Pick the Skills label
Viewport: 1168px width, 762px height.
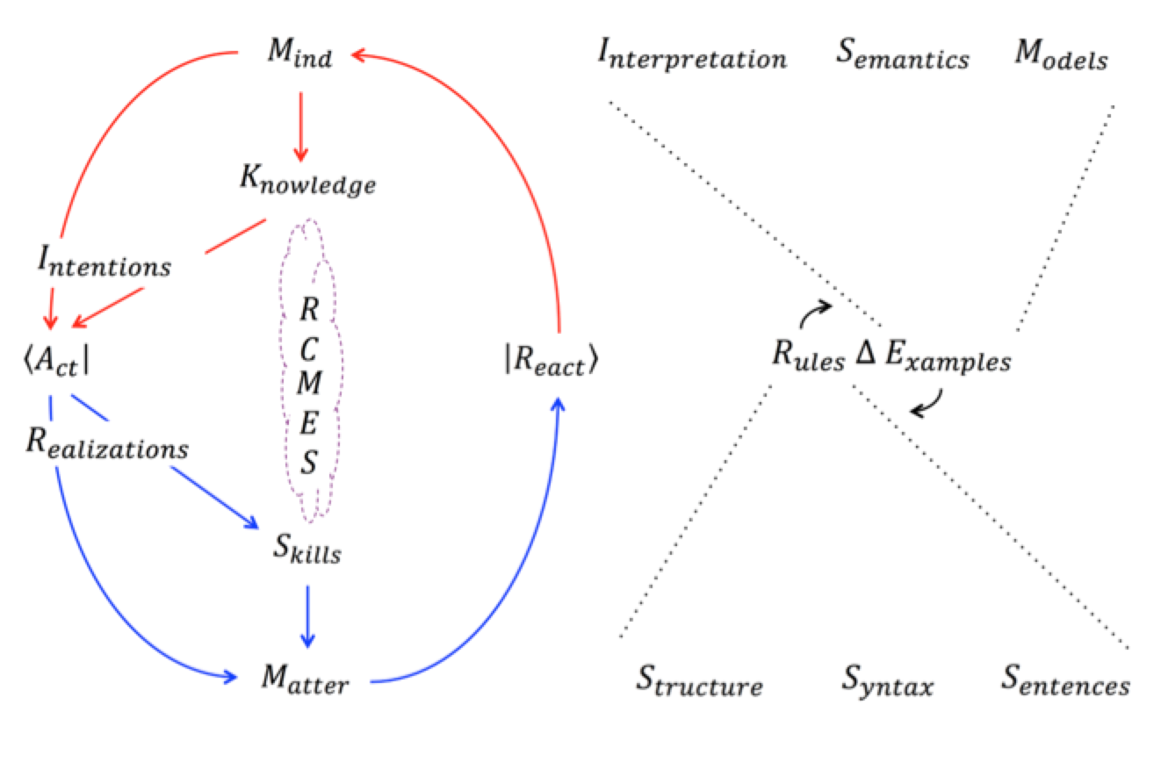point(306,552)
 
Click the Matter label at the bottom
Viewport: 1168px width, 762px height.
point(305,679)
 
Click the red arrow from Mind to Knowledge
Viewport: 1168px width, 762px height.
point(301,126)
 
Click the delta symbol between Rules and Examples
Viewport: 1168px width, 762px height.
point(862,358)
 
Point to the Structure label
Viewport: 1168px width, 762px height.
point(699,681)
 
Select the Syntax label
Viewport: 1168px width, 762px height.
point(889,681)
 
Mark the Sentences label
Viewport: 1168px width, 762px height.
point(1066,681)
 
